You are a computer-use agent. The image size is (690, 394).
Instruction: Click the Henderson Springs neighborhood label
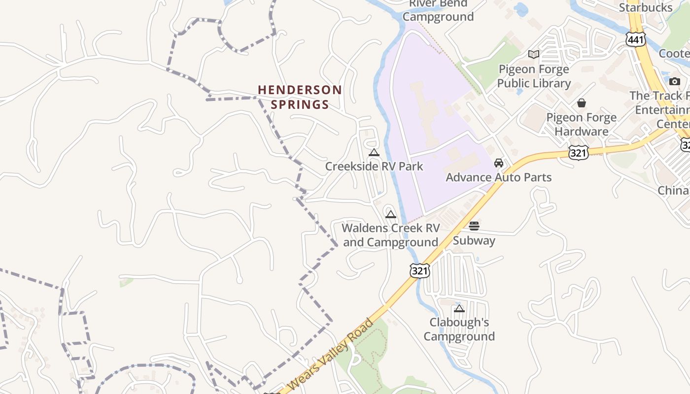click(x=300, y=97)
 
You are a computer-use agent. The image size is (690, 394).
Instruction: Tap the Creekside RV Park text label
click(x=374, y=166)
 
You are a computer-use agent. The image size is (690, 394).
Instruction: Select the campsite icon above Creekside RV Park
click(x=374, y=152)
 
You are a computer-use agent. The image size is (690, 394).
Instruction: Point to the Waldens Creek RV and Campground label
click(x=390, y=235)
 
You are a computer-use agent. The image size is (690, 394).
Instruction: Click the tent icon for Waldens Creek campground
click(x=391, y=214)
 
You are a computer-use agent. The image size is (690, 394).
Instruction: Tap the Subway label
click(x=474, y=240)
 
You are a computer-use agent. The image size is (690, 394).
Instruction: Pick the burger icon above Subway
click(x=474, y=226)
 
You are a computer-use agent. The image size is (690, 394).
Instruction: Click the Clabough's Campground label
click(x=459, y=329)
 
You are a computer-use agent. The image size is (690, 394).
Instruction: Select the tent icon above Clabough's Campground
click(x=459, y=308)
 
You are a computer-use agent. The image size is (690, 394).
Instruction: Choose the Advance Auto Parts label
click(x=499, y=177)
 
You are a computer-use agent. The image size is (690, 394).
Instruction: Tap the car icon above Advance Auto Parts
click(x=499, y=163)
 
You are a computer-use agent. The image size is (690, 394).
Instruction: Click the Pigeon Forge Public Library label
click(x=534, y=76)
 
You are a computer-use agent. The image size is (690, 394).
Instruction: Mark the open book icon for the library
click(x=534, y=54)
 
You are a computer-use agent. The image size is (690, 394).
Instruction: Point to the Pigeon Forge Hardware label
click(x=582, y=124)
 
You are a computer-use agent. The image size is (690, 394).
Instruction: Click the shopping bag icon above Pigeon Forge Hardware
click(x=582, y=103)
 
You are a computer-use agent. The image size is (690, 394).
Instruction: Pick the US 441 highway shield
click(x=636, y=39)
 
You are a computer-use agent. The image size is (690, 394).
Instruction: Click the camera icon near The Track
click(x=675, y=81)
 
